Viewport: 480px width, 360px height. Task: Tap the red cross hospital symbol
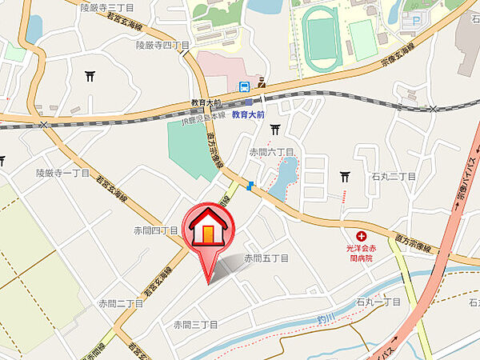[x=362, y=237]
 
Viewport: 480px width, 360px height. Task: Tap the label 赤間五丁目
[x=266, y=258]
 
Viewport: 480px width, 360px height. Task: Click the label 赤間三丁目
[x=196, y=325]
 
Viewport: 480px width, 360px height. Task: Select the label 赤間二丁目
[x=120, y=303]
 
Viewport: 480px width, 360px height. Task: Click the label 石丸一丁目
[x=378, y=302]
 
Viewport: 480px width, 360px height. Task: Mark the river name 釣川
[x=322, y=318]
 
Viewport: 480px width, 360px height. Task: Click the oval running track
[x=323, y=39]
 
